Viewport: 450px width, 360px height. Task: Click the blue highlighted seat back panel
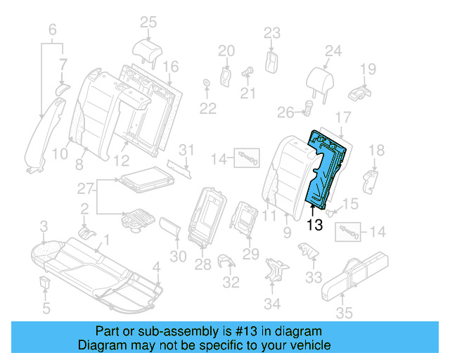pyautogui.click(x=328, y=169)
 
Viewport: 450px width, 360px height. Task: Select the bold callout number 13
pyautogui.click(x=314, y=226)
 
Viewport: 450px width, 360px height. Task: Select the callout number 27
pyautogui.click(x=84, y=189)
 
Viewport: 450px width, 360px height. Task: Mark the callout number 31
pyautogui.click(x=185, y=149)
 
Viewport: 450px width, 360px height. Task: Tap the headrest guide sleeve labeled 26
pyautogui.click(x=308, y=109)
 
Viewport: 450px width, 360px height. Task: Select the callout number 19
pyautogui.click(x=368, y=68)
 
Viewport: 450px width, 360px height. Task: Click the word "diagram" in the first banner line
pyautogui.click(x=298, y=331)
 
